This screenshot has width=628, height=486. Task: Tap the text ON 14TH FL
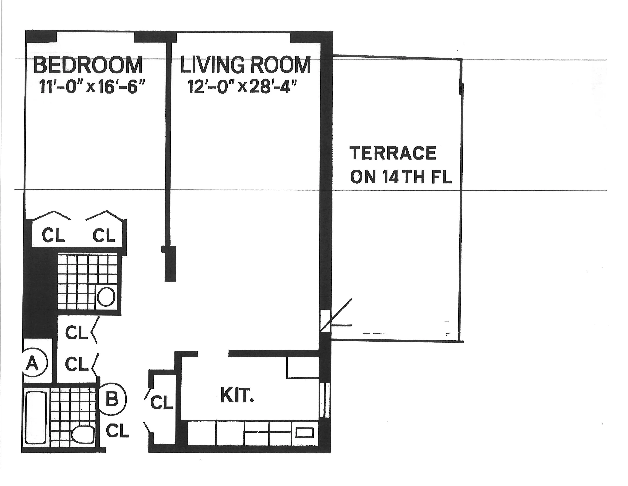(x=401, y=177)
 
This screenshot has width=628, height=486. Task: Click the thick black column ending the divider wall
(x=170, y=263)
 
